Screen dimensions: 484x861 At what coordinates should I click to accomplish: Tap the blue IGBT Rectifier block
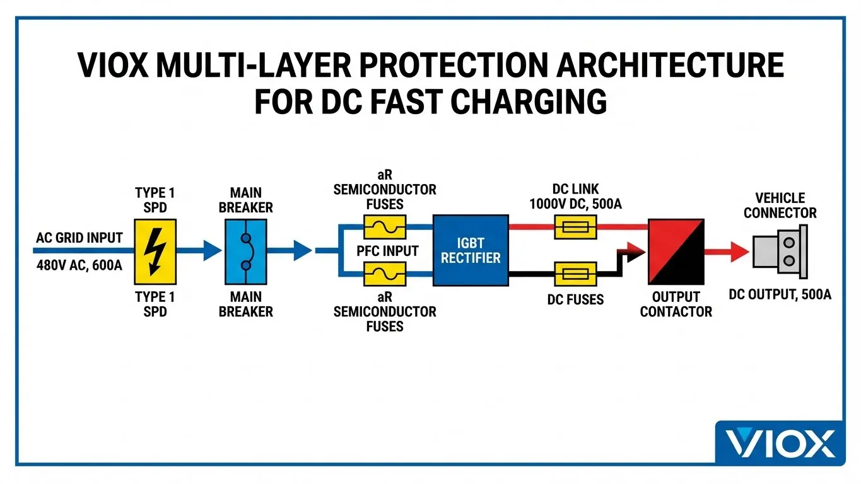pyautogui.click(x=471, y=250)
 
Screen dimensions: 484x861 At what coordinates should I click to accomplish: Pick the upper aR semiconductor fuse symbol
pyautogui.click(x=384, y=226)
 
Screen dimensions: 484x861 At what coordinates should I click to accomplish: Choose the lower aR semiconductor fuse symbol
pyautogui.click(x=384, y=274)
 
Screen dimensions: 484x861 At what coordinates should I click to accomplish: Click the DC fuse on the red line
pyautogui.click(x=575, y=226)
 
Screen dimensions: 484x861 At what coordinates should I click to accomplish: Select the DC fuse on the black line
pyautogui.click(x=575, y=274)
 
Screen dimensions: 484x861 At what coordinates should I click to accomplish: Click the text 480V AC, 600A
pyautogui.click(x=79, y=265)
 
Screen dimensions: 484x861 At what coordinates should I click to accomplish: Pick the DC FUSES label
pyautogui.click(x=575, y=299)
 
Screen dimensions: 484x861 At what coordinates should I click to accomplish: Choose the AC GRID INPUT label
pyautogui.click(x=79, y=238)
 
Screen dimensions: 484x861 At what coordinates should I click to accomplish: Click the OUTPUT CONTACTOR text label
pyautogui.click(x=676, y=304)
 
